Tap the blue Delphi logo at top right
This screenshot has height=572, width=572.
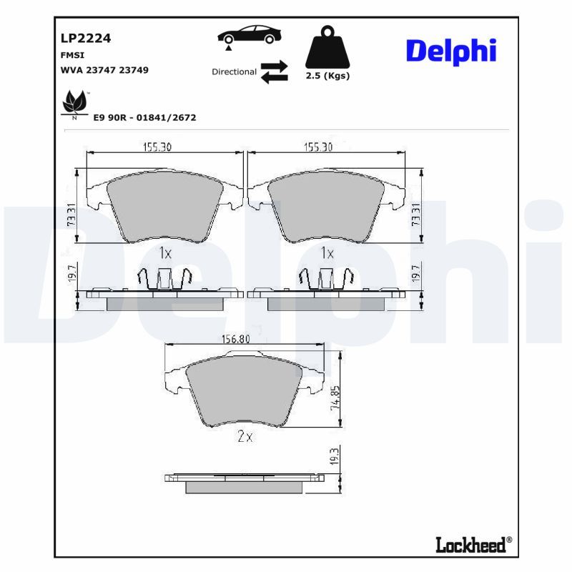coord(450,51)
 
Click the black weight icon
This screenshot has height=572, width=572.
coord(328,48)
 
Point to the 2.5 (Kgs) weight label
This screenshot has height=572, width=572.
coord(328,76)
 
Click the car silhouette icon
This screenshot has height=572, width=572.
coord(251,35)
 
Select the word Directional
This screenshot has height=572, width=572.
coord(234,72)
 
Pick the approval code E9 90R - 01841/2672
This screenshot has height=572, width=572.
coord(144,117)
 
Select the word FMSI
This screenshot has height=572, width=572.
coord(69,54)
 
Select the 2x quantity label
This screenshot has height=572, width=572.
coord(245,437)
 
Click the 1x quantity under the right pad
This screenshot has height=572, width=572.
coord(327,252)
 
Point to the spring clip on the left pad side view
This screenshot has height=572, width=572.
coord(164,280)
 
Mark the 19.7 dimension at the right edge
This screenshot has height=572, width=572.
coord(417,272)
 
